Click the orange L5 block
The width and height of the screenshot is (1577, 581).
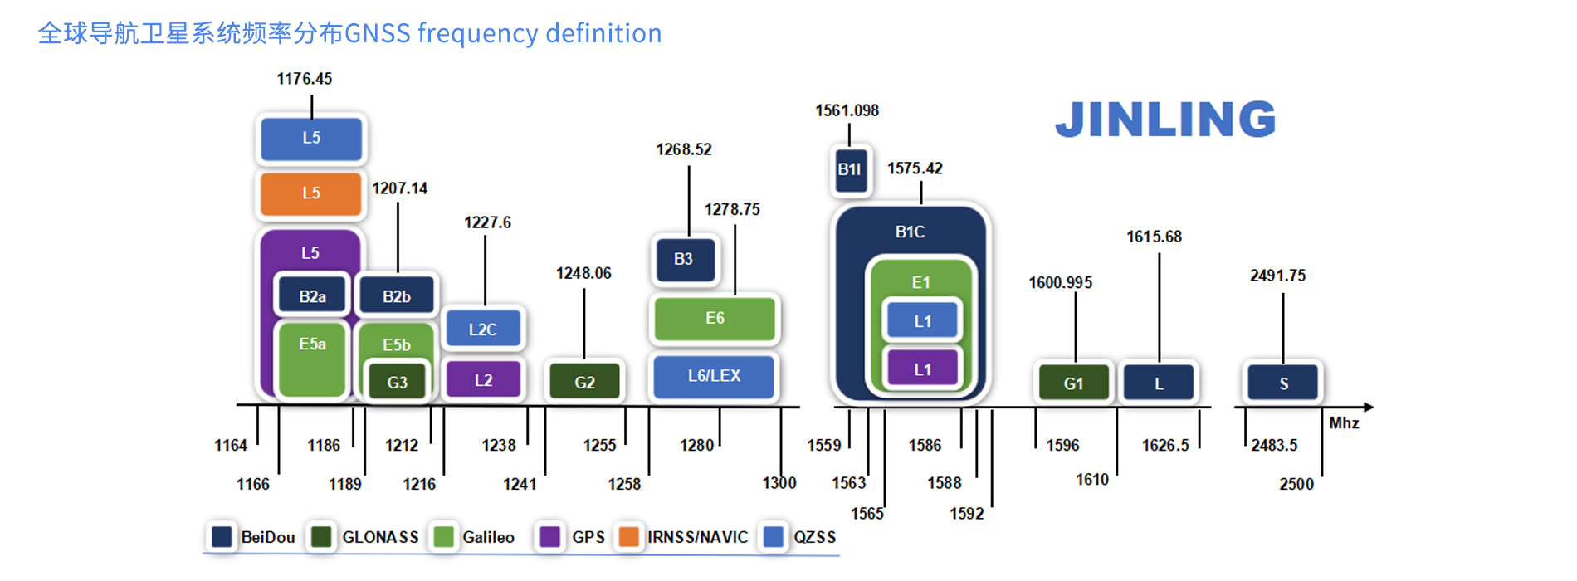click(x=311, y=193)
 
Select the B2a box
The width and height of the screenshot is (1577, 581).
click(x=312, y=296)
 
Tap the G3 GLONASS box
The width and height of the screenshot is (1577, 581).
click(x=398, y=383)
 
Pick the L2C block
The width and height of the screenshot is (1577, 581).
click(x=483, y=330)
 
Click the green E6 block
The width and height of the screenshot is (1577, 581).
click(x=715, y=319)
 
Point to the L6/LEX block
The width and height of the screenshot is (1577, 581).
click(x=714, y=376)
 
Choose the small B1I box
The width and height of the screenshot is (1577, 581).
click(x=850, y=170)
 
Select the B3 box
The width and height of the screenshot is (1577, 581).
click(x=684, y=259)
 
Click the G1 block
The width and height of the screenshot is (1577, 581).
click(x=1074, y=383)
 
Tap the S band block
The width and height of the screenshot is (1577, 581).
click(x=1283, y=383)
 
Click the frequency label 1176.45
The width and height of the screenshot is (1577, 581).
click(x=305, y=79)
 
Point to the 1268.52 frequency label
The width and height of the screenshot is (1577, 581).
click(x=684, y=149)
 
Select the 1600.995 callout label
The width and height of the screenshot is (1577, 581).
click(x=1061, y=283)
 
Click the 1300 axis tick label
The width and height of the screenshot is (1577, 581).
click(x=779, y=483)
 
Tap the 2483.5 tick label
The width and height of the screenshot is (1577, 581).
click(x=1274, y=446)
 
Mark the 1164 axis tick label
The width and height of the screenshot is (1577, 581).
click(x=231, y=446)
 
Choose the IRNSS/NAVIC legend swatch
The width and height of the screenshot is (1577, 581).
click(x=629, y=537)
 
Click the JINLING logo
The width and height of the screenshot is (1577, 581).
click(x=1166, y=120)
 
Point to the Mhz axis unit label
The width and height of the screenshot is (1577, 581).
click(x=1344, y=423)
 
